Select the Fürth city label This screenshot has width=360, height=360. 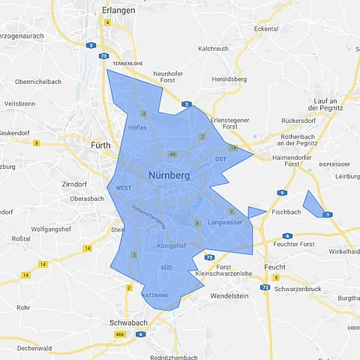click(x=100, y=145)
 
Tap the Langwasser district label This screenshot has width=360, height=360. click(x=225, y=223)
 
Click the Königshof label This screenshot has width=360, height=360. click(x=172, y=246)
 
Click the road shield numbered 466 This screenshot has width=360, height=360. click(x=119, y=333)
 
